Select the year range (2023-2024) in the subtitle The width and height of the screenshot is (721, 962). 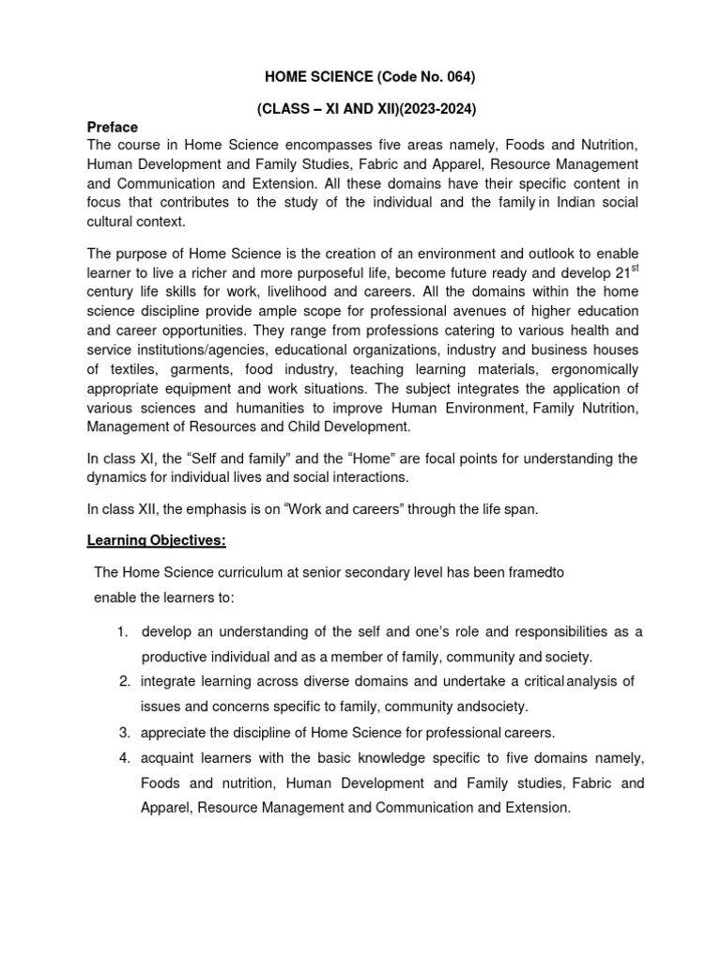pyautogui.click(x=427, y=110)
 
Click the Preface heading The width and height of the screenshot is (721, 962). pyautogui.click(x=113, y=127)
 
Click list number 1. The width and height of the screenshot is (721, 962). pyautogui.click(x=124, y=631)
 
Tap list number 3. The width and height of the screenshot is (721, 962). pyautogui.click(x=124, y=731)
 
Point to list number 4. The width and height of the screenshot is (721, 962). pyautogui.click(x=124, y=757)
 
